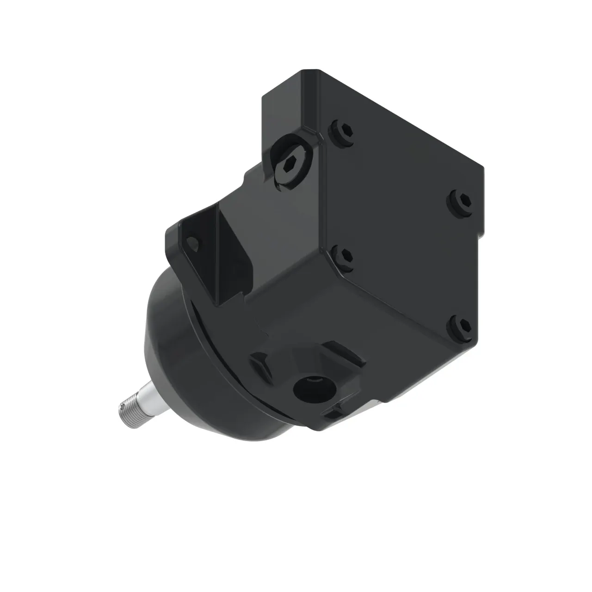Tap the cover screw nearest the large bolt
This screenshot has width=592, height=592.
coord(342,132)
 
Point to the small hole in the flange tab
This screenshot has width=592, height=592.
coord(193,242)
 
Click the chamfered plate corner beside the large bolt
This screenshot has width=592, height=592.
coord(320,132)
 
